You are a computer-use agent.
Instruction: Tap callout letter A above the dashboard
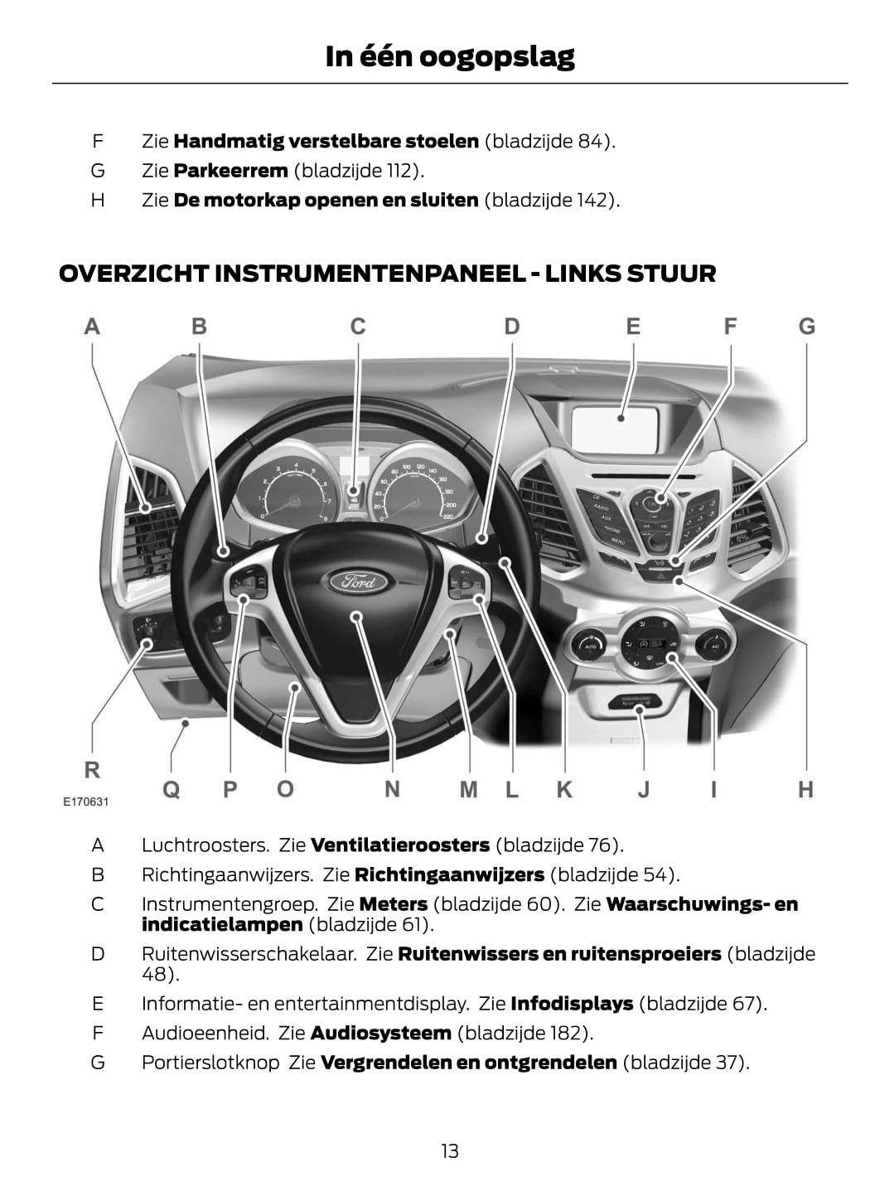pos(92,327)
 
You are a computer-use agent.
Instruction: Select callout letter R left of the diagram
pos(92,770)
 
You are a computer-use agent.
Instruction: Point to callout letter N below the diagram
pos(392,789)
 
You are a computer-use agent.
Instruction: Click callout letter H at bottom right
pos(805,789)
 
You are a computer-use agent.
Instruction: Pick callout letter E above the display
pos(633,327)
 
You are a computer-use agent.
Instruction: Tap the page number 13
pos(449,1150)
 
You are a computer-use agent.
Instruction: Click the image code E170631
pos(86,802)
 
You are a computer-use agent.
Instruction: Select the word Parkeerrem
pos(230,171)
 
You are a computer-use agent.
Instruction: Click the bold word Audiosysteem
pos(380,1033)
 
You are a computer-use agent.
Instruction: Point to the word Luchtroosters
pos(205,845)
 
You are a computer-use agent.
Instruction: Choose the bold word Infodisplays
pos(572,1004)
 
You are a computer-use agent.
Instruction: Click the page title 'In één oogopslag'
pos(449,56)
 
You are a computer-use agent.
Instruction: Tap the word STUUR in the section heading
pos(671,274)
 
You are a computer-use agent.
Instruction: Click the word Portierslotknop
pos(210,1063)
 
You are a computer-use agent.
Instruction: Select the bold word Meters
pos(394,904)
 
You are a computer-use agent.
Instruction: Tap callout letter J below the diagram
pos(643,789)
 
